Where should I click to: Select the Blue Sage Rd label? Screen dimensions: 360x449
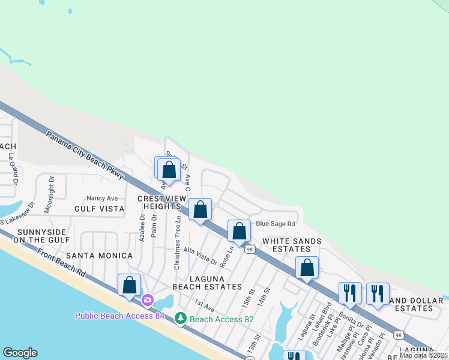(276, 224)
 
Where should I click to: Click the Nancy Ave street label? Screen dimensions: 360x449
(102, 198)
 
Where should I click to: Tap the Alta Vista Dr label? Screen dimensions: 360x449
(200, 254)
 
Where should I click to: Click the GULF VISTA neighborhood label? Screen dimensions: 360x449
(99, 209)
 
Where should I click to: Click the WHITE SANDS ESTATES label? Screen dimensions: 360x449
(292, 245)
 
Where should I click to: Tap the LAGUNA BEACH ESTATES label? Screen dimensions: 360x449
(206, 283)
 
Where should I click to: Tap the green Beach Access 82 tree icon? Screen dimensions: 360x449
(179, 318)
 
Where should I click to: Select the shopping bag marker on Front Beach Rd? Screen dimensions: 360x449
(130, 286)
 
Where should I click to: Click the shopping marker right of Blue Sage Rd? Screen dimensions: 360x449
(307, 268)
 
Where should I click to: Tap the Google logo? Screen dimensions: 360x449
(20, 353)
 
